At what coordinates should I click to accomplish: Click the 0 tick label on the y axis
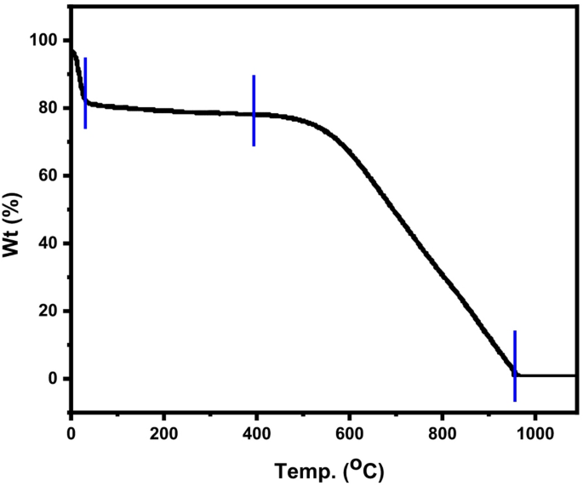52,379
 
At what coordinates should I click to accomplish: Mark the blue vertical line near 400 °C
254,111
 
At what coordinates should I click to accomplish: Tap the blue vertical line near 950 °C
515,365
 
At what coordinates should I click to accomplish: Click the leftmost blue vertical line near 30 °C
85,93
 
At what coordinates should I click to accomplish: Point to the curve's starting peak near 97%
72,51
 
